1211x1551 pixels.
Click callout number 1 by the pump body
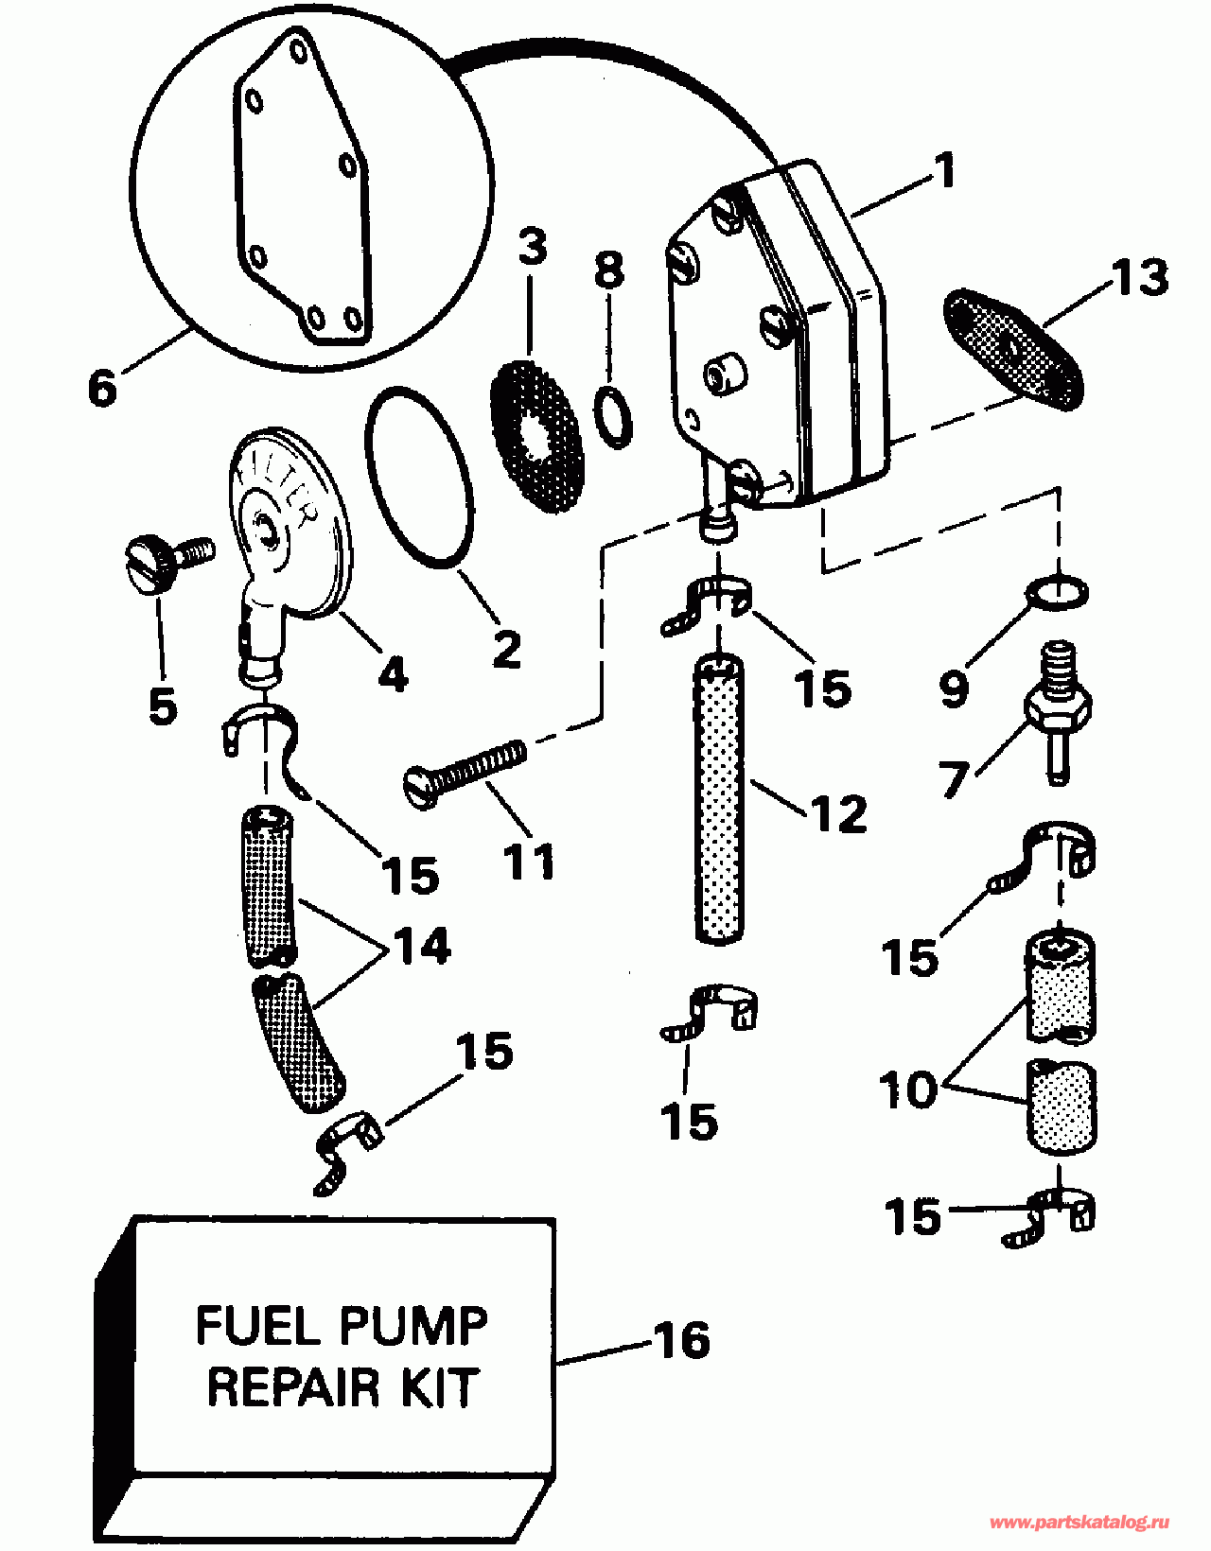(943, 173)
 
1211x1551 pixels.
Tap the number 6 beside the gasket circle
(102, 387)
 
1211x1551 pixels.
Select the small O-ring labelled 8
(614, 415)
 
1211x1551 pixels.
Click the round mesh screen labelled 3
(536, 436)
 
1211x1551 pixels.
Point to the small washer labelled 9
(1058, 594)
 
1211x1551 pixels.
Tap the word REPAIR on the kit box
(292, 1386)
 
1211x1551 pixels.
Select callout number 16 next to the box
(680, 1340)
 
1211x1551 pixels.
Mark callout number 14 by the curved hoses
(422, 945)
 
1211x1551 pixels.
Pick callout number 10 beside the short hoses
(909, 1089)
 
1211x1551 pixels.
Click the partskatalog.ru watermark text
(1079, 1523)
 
